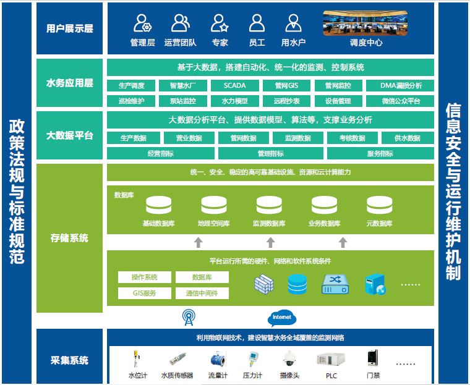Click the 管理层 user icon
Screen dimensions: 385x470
pos(143,23)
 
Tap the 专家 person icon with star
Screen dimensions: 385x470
pos(220,23)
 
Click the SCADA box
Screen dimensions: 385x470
pos(235,86)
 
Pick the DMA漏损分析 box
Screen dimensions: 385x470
pos(401,86)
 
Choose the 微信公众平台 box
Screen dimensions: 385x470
pos(401,101)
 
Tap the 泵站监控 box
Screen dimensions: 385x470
pos(182,101)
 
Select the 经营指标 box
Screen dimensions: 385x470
pos(160,153)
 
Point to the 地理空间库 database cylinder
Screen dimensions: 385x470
pos(214,205)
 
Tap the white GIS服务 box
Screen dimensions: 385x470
pos(144,294)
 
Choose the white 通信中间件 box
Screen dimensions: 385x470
pos(202,294)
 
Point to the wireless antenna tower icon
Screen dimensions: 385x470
pos(189,318)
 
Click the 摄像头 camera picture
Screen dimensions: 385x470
pos(289,359)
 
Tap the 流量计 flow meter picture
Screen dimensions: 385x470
pos(218,360)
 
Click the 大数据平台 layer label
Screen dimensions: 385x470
pos(70,135)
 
